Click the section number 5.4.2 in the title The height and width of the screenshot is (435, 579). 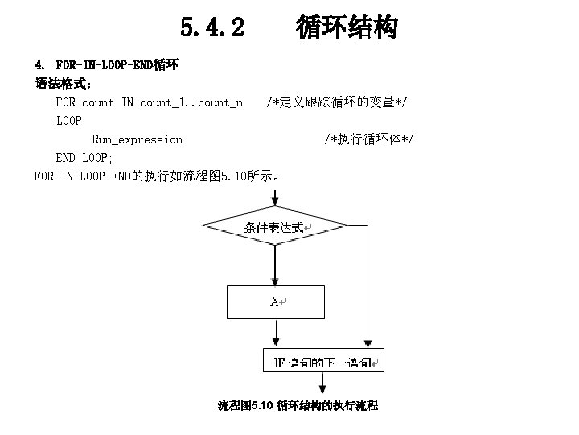pos(212,29)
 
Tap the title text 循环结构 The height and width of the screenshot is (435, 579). pos(347,28)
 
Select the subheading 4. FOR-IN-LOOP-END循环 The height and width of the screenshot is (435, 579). pos(107,64)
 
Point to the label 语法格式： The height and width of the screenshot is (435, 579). pos(64,83)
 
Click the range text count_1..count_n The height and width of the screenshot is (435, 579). pos(191,102)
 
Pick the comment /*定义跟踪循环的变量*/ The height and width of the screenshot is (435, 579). pos(336,102)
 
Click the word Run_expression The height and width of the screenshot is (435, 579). pos(137,139)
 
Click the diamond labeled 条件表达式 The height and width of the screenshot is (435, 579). pos(274,226)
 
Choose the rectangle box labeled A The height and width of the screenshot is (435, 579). pos(274,301)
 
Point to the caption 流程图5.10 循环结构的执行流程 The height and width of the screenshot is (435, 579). pos(298,405)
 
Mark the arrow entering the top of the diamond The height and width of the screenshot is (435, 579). pos(275,197)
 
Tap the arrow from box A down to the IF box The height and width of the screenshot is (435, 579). pos(275,333)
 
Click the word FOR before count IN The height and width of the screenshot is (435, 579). pos(65,102)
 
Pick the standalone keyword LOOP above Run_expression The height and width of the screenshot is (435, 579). pos(69,121)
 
